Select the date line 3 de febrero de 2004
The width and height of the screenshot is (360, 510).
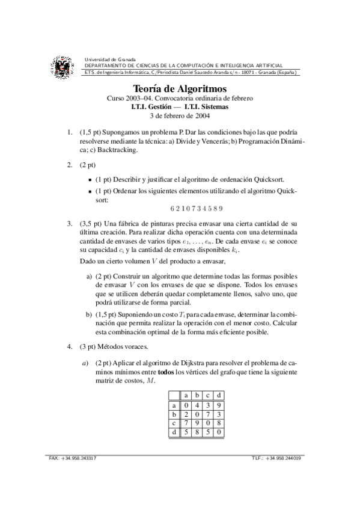tap(180, 117)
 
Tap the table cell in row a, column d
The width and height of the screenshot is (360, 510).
tap(219, 405)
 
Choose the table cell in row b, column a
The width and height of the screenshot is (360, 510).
tap(186, 414)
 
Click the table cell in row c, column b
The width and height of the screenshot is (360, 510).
tap(197, 423)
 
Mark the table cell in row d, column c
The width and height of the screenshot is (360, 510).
tap(208, 431)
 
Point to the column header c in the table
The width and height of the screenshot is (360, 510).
tap(208, 395)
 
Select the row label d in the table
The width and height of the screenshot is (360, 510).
tap(174, 431)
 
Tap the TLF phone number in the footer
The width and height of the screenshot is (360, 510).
tap(285, 459)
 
